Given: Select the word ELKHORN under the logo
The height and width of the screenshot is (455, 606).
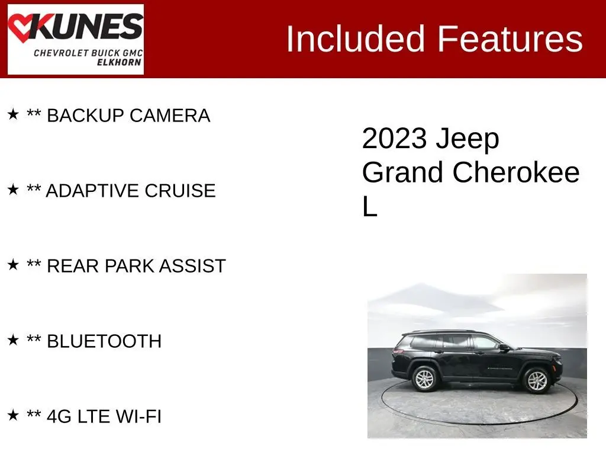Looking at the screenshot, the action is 119,62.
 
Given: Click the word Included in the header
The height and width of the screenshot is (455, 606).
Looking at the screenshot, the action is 356,39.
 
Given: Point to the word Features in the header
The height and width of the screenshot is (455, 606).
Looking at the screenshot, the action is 510,39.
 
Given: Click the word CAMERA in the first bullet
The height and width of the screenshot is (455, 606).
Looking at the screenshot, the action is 170,116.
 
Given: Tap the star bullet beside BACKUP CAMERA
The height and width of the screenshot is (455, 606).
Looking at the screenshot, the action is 13,114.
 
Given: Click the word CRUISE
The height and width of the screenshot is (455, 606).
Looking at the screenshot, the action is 180,191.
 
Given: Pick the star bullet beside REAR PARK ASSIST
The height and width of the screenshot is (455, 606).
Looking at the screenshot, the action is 13,265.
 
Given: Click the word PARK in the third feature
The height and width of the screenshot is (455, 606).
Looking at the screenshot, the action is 129,266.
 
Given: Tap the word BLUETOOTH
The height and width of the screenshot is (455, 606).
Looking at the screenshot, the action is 104,341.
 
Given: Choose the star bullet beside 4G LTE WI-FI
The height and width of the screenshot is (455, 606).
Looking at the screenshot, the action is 13,415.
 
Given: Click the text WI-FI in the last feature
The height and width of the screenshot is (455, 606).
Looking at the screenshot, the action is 138,416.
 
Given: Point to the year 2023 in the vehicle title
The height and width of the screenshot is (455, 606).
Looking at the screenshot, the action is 394,139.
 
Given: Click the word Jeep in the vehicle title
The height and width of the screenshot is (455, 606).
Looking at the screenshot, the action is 468,139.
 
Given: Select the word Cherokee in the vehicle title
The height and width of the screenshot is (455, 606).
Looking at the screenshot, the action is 516,172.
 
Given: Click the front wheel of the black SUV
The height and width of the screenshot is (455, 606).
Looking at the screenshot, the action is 536,381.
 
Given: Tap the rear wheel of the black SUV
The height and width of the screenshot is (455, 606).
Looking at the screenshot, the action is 426,379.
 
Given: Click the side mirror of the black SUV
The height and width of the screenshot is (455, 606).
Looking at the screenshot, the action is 504,347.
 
